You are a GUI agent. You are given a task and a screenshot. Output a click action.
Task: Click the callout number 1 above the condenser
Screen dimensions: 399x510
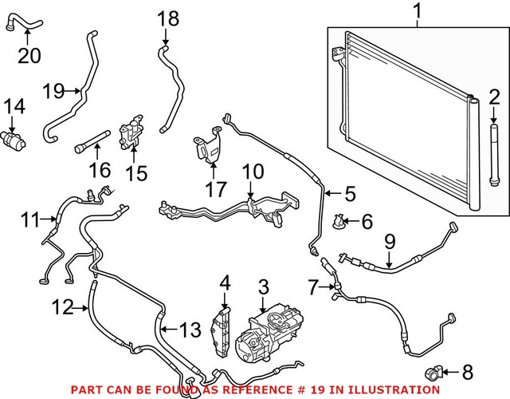(x=418, y=12)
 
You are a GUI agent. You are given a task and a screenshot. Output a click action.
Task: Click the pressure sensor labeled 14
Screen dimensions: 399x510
(x=14, y=136)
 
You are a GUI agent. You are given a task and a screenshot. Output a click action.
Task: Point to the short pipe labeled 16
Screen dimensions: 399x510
(x=88, y=147)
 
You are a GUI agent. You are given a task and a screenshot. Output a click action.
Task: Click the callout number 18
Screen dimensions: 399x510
(x=168, y=18)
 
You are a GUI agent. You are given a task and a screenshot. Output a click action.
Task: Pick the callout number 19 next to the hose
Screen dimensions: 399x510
(x=53, y=92)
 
